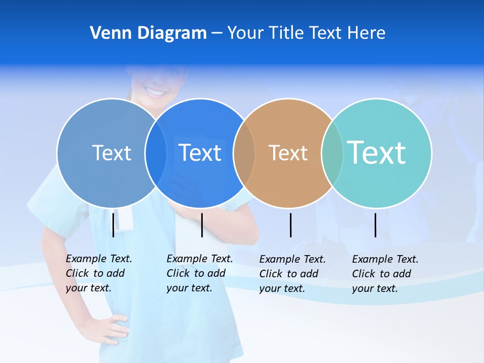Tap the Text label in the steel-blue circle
[x=111, y=153]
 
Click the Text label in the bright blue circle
[x=200, y=153]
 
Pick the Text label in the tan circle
[x=288, y=153]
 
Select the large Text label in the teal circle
[x=376, y=152]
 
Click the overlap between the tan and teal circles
[x=332, y=153]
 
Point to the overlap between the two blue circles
[x=156, y=153]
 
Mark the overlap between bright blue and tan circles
[x=244, y=153]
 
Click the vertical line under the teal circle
[x=376, y=225]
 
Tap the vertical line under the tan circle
[x=291, y=225]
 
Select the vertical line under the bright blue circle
[x=202, y=225]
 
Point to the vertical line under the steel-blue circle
[x=113, y=225]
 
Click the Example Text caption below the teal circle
[x=385, y=274]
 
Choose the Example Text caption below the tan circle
[x=292, y=274]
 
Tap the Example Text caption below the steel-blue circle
[x=98, y=273]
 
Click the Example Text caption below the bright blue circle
[x=199, y=273]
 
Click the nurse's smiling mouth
[x=155, y=92]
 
